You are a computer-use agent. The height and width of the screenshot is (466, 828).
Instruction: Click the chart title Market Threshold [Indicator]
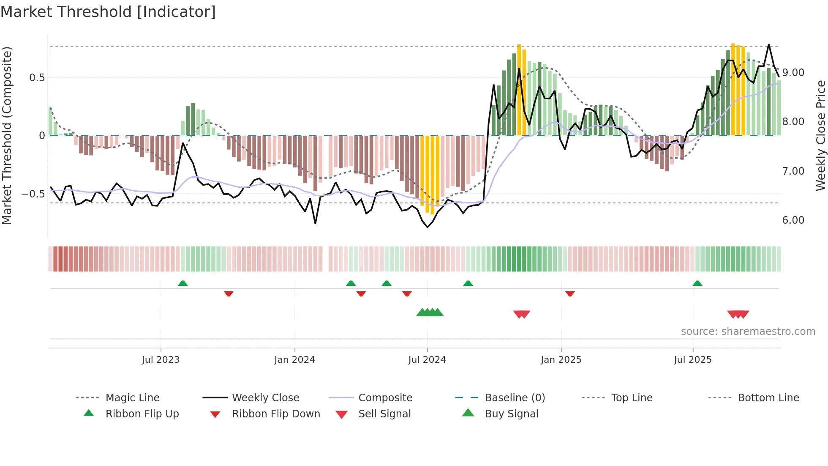click(x=108, y=12)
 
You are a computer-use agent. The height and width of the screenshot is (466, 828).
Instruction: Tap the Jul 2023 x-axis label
click(x=161, y=360)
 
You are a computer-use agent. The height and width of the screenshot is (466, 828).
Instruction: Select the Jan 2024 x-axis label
click(x=294, y=360)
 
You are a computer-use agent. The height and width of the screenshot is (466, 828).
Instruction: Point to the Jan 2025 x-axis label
click(x=561, y=360)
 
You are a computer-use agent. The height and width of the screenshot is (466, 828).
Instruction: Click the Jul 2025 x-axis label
click(x=693, y=360)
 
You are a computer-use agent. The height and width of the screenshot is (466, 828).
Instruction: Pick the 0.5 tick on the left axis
click(x=37, y=78)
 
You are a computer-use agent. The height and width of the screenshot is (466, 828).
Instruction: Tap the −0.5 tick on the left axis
click(x=33, y=194)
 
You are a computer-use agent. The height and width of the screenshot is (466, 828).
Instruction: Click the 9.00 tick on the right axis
click(x=793, y=73)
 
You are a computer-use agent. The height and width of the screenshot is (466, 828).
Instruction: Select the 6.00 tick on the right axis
click(x=793, y=220)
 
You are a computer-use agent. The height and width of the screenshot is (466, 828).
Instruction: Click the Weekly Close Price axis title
click(x=820, y=135)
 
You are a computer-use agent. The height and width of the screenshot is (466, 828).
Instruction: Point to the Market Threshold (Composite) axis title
click(x=7, y=135)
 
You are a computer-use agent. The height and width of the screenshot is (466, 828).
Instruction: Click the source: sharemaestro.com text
click(x=748, y=332)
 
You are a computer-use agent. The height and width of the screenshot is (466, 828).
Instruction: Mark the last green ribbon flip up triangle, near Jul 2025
click(x=697, y=283)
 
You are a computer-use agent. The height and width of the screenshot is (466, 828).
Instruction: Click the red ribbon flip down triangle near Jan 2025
click(x=570, y=293)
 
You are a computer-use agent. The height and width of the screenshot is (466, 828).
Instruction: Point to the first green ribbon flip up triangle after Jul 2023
click(x=182, y=283)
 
